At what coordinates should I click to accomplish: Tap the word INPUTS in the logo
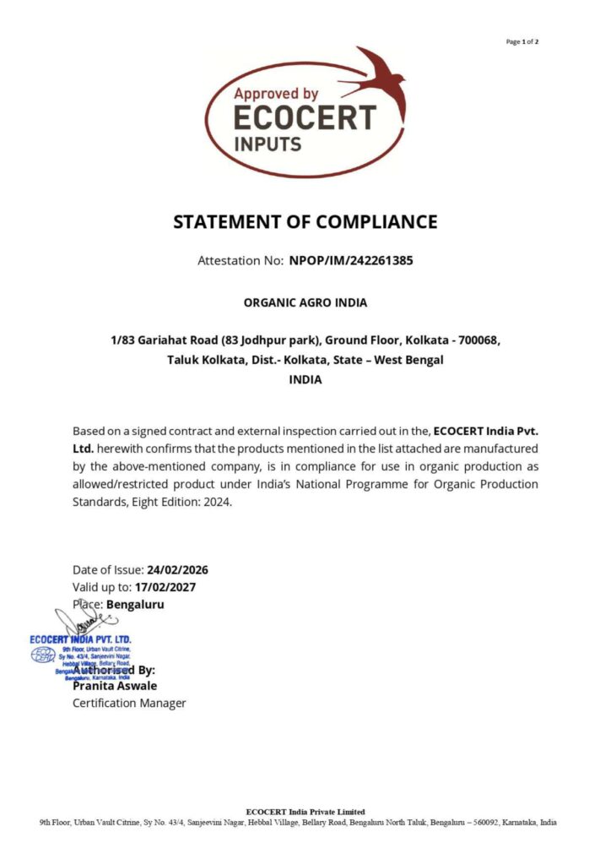(268, 144)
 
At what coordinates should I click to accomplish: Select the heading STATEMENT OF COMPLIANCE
(305, 222)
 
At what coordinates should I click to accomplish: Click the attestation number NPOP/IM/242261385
(351, 260)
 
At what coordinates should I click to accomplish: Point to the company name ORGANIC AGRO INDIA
(305, 302)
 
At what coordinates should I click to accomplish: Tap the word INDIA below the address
(305, 379)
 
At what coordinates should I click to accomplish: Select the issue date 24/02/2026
(177, 569)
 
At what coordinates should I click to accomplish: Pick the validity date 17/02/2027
(170, 587)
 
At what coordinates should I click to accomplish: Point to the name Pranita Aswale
(115, 686)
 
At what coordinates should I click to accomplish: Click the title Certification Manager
(129, 703)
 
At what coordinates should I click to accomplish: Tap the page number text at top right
(522, 41)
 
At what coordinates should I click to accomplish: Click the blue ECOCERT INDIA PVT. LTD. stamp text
(81, 639)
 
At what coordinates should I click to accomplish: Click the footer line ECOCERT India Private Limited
(305, 812)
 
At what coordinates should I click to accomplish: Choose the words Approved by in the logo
(276, 95)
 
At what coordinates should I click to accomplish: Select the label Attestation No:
(240, 260)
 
